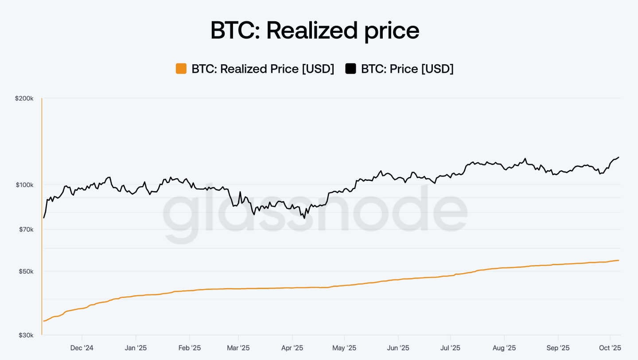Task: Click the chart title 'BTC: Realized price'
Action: coord(315,31)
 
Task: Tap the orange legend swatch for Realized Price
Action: coord(181,69)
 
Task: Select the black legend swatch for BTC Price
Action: coord(351,69)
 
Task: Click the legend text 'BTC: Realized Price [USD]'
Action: coord(263,69)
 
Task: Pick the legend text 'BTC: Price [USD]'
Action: coord(407,69)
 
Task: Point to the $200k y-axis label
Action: coord(24,98)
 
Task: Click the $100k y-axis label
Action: coord(24,184)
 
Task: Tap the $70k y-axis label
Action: coord(25,229)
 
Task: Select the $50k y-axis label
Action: coord(25,271)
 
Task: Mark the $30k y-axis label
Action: coord(25,335)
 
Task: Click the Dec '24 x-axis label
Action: coord(82,348)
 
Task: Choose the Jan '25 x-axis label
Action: coord(136,348)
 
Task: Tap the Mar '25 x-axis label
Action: coord(238,348)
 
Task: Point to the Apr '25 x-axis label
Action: coord(292,348)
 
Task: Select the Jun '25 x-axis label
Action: coord(398,348)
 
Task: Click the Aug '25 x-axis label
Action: coord(504,348)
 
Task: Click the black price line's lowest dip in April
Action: coord(304,218)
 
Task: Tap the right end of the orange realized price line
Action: coord(619,260)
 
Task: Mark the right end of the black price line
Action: coord(619,157)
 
